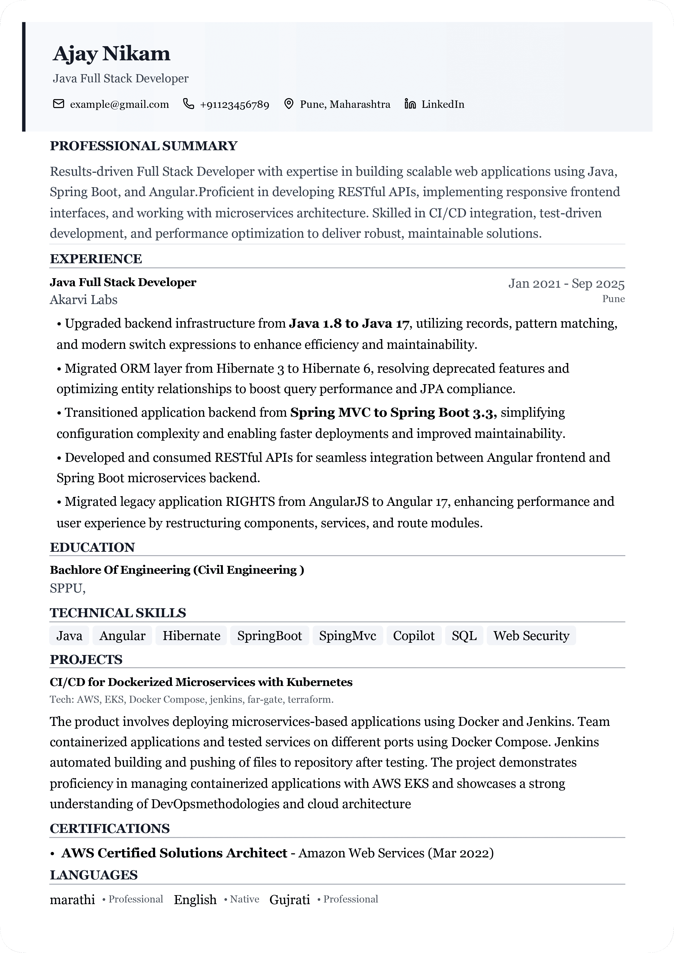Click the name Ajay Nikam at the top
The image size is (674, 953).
coord(111,54)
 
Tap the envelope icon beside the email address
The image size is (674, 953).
coord(58,104)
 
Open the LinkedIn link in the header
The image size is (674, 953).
coord(442,104)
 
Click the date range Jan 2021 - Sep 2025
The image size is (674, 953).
coord(566,284)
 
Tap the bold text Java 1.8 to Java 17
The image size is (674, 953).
coord(349,323)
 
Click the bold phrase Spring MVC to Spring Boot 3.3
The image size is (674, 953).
coord(393,413)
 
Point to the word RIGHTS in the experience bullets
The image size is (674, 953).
coord(250,501)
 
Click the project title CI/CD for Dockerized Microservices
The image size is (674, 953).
coord(201,682)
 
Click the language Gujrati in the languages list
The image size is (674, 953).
coord(290,899)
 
